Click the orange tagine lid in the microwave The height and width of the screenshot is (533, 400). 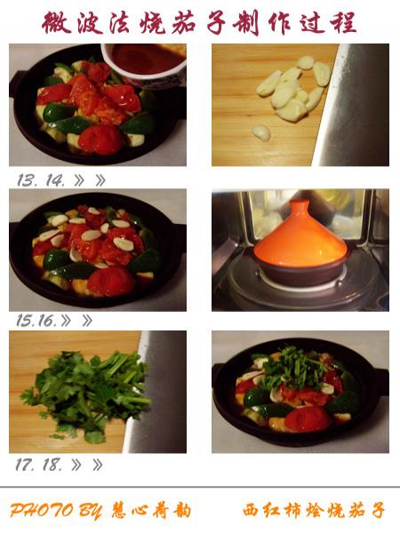(300, 238)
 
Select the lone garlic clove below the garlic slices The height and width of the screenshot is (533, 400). (261, 133)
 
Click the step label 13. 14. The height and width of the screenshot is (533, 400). (41, 180)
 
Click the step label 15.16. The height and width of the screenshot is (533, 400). (36, 321)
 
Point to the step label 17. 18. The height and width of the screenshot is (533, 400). (38, 465)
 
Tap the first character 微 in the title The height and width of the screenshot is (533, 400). (57, 22)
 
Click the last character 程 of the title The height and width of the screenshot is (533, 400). (343, 22)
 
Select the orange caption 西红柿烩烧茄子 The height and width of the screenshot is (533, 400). (314, 511)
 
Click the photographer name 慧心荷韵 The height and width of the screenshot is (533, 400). (151, 511)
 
